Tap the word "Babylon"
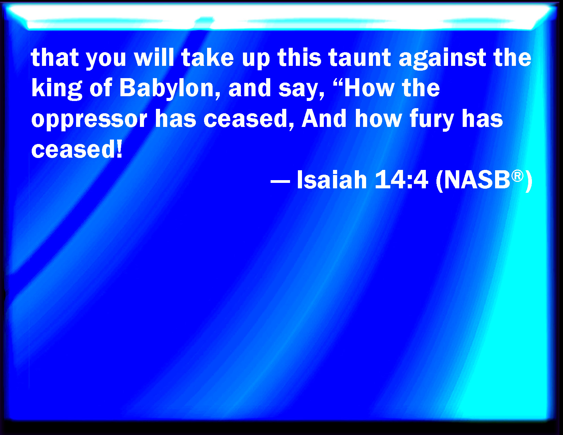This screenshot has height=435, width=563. click(166, 89)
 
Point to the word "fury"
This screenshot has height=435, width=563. click(432, 119)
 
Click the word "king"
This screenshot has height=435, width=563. click(57, 89)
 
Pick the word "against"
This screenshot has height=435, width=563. click(442, 58)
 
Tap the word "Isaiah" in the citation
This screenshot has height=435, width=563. click(332, 180)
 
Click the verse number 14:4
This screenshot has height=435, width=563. click(401, 180)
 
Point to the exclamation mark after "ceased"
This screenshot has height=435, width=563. click(119, 150)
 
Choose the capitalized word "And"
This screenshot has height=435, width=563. click(324, 119)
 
